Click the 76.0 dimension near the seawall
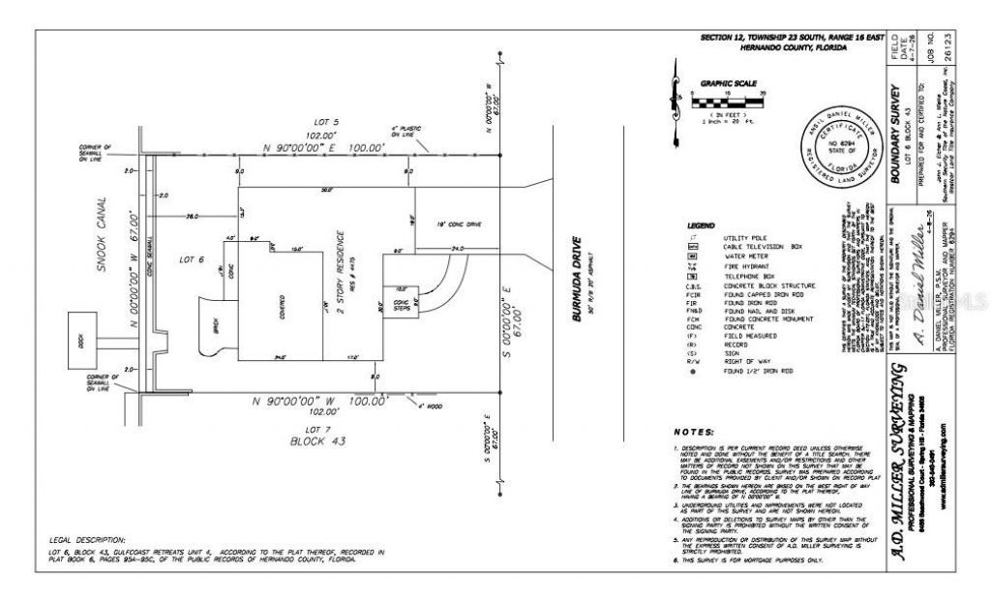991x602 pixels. coord(192,217)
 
